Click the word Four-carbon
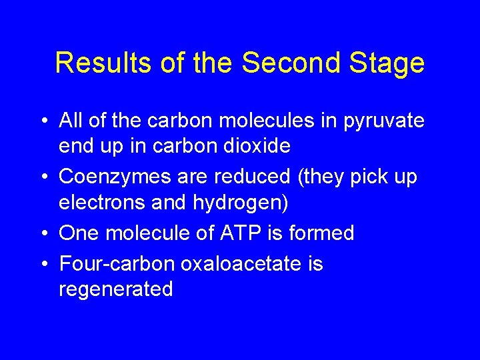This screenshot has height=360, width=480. click(x=117, y=263)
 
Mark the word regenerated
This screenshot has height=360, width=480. click(x=116, y=290)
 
